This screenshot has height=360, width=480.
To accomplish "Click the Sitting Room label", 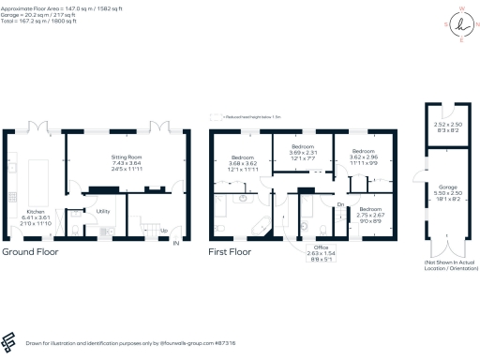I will pos(118,160).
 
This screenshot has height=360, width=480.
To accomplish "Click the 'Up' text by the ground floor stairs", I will pos(165,230).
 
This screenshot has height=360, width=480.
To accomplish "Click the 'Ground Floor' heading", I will pos(29,253).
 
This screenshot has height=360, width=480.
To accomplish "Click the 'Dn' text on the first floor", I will pos(341,203).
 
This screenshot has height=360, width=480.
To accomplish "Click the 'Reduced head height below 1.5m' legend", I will pos(251,116).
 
